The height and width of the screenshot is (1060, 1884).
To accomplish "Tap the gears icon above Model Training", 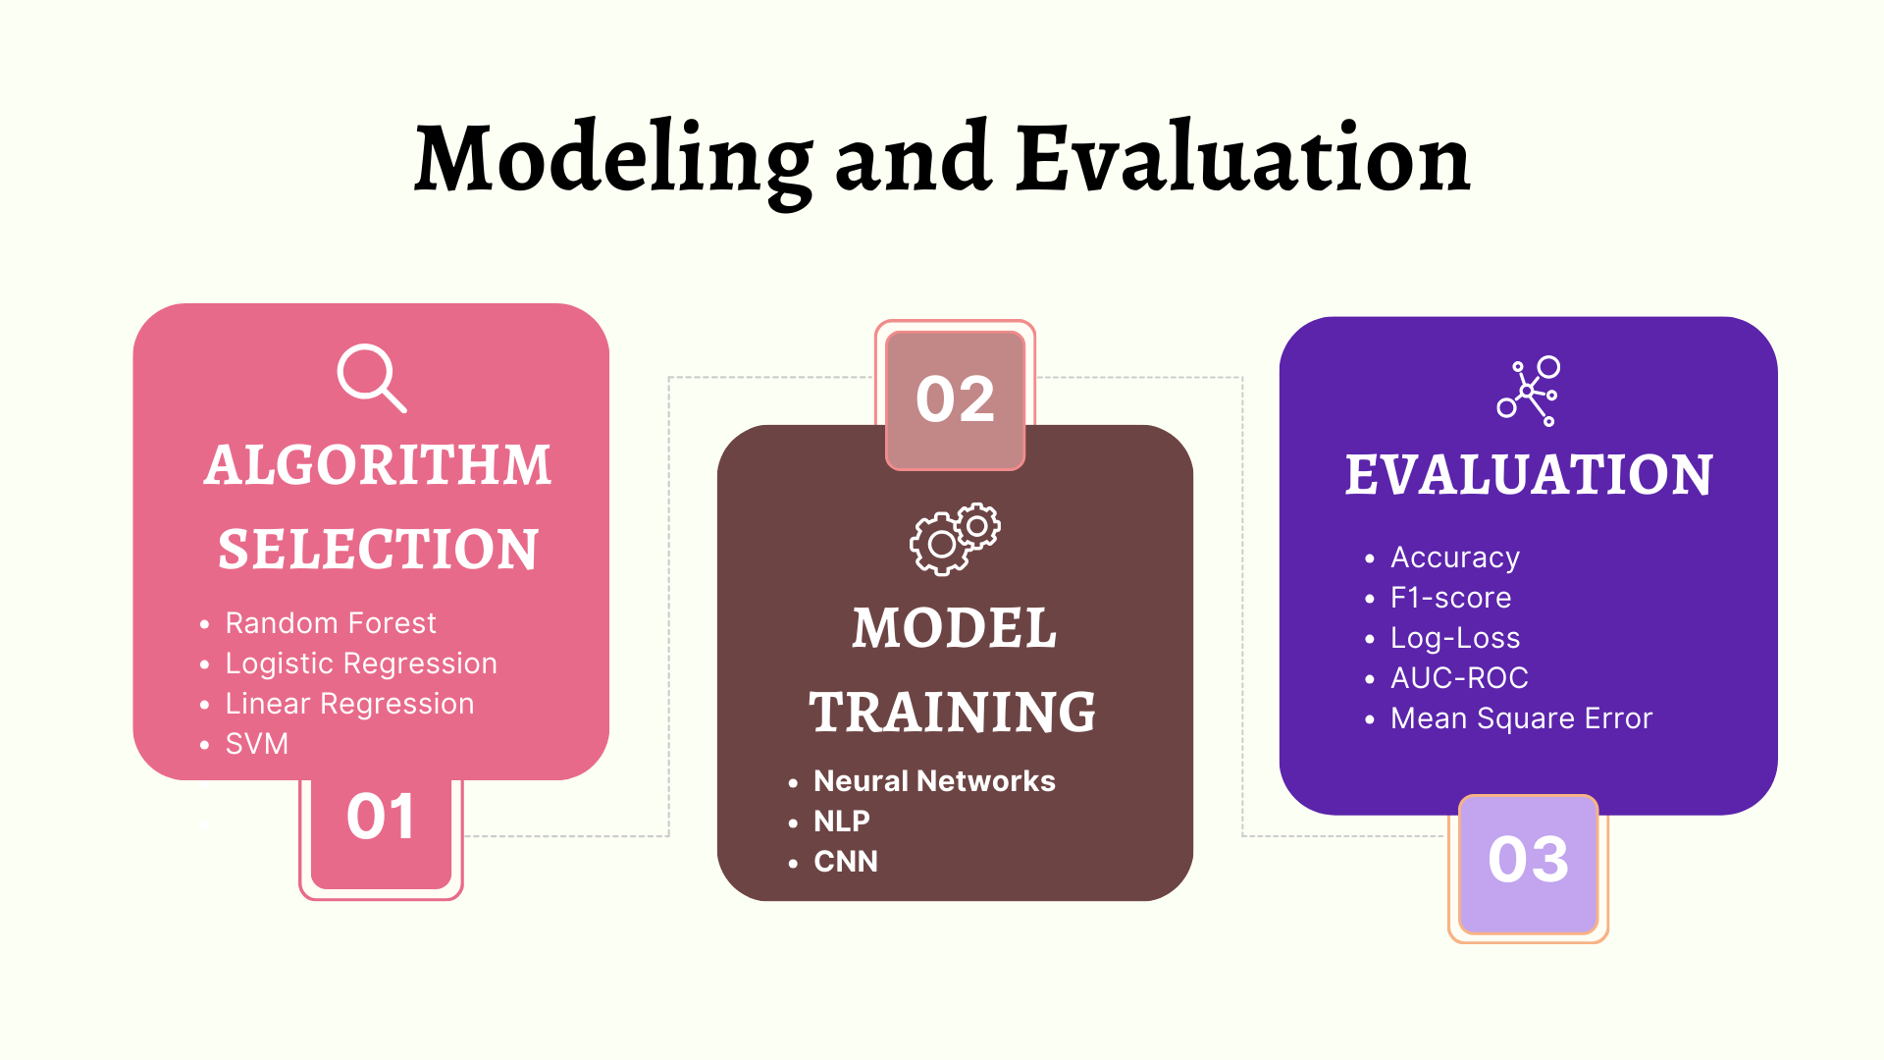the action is click(x=955, y=539).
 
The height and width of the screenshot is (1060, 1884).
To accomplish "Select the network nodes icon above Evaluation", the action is click(x=1529, y=391).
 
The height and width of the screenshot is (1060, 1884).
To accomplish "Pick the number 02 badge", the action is click(x=955, y=399).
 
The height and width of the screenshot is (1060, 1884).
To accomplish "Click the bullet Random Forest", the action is click(x=331, y=623).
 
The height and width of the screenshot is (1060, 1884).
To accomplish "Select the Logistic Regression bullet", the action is click(x=361, y=663).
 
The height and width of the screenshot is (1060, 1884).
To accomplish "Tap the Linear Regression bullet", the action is click(x=349, y=704).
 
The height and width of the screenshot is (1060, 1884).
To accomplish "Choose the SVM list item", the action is click(x=257, y=744).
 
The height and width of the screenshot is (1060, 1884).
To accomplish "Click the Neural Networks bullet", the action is click(x=934, y=780).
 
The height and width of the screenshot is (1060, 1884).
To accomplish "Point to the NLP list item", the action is click(x=842, y=821).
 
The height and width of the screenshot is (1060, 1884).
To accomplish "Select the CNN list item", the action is click(x=846, y=861).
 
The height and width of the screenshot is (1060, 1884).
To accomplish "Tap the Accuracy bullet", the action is click(x=1455, y=557).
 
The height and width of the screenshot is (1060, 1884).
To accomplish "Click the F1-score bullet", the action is click(x=1451, y=598).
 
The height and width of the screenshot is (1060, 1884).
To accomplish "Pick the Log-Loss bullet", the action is click(x=1455, y=638).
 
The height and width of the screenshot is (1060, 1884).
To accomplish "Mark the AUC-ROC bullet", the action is click(x=1459, y=677).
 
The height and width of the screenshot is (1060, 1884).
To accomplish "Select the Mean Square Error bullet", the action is click(x=1522, y=718).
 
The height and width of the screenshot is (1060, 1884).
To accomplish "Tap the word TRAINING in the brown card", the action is click(x=953, y=713).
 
